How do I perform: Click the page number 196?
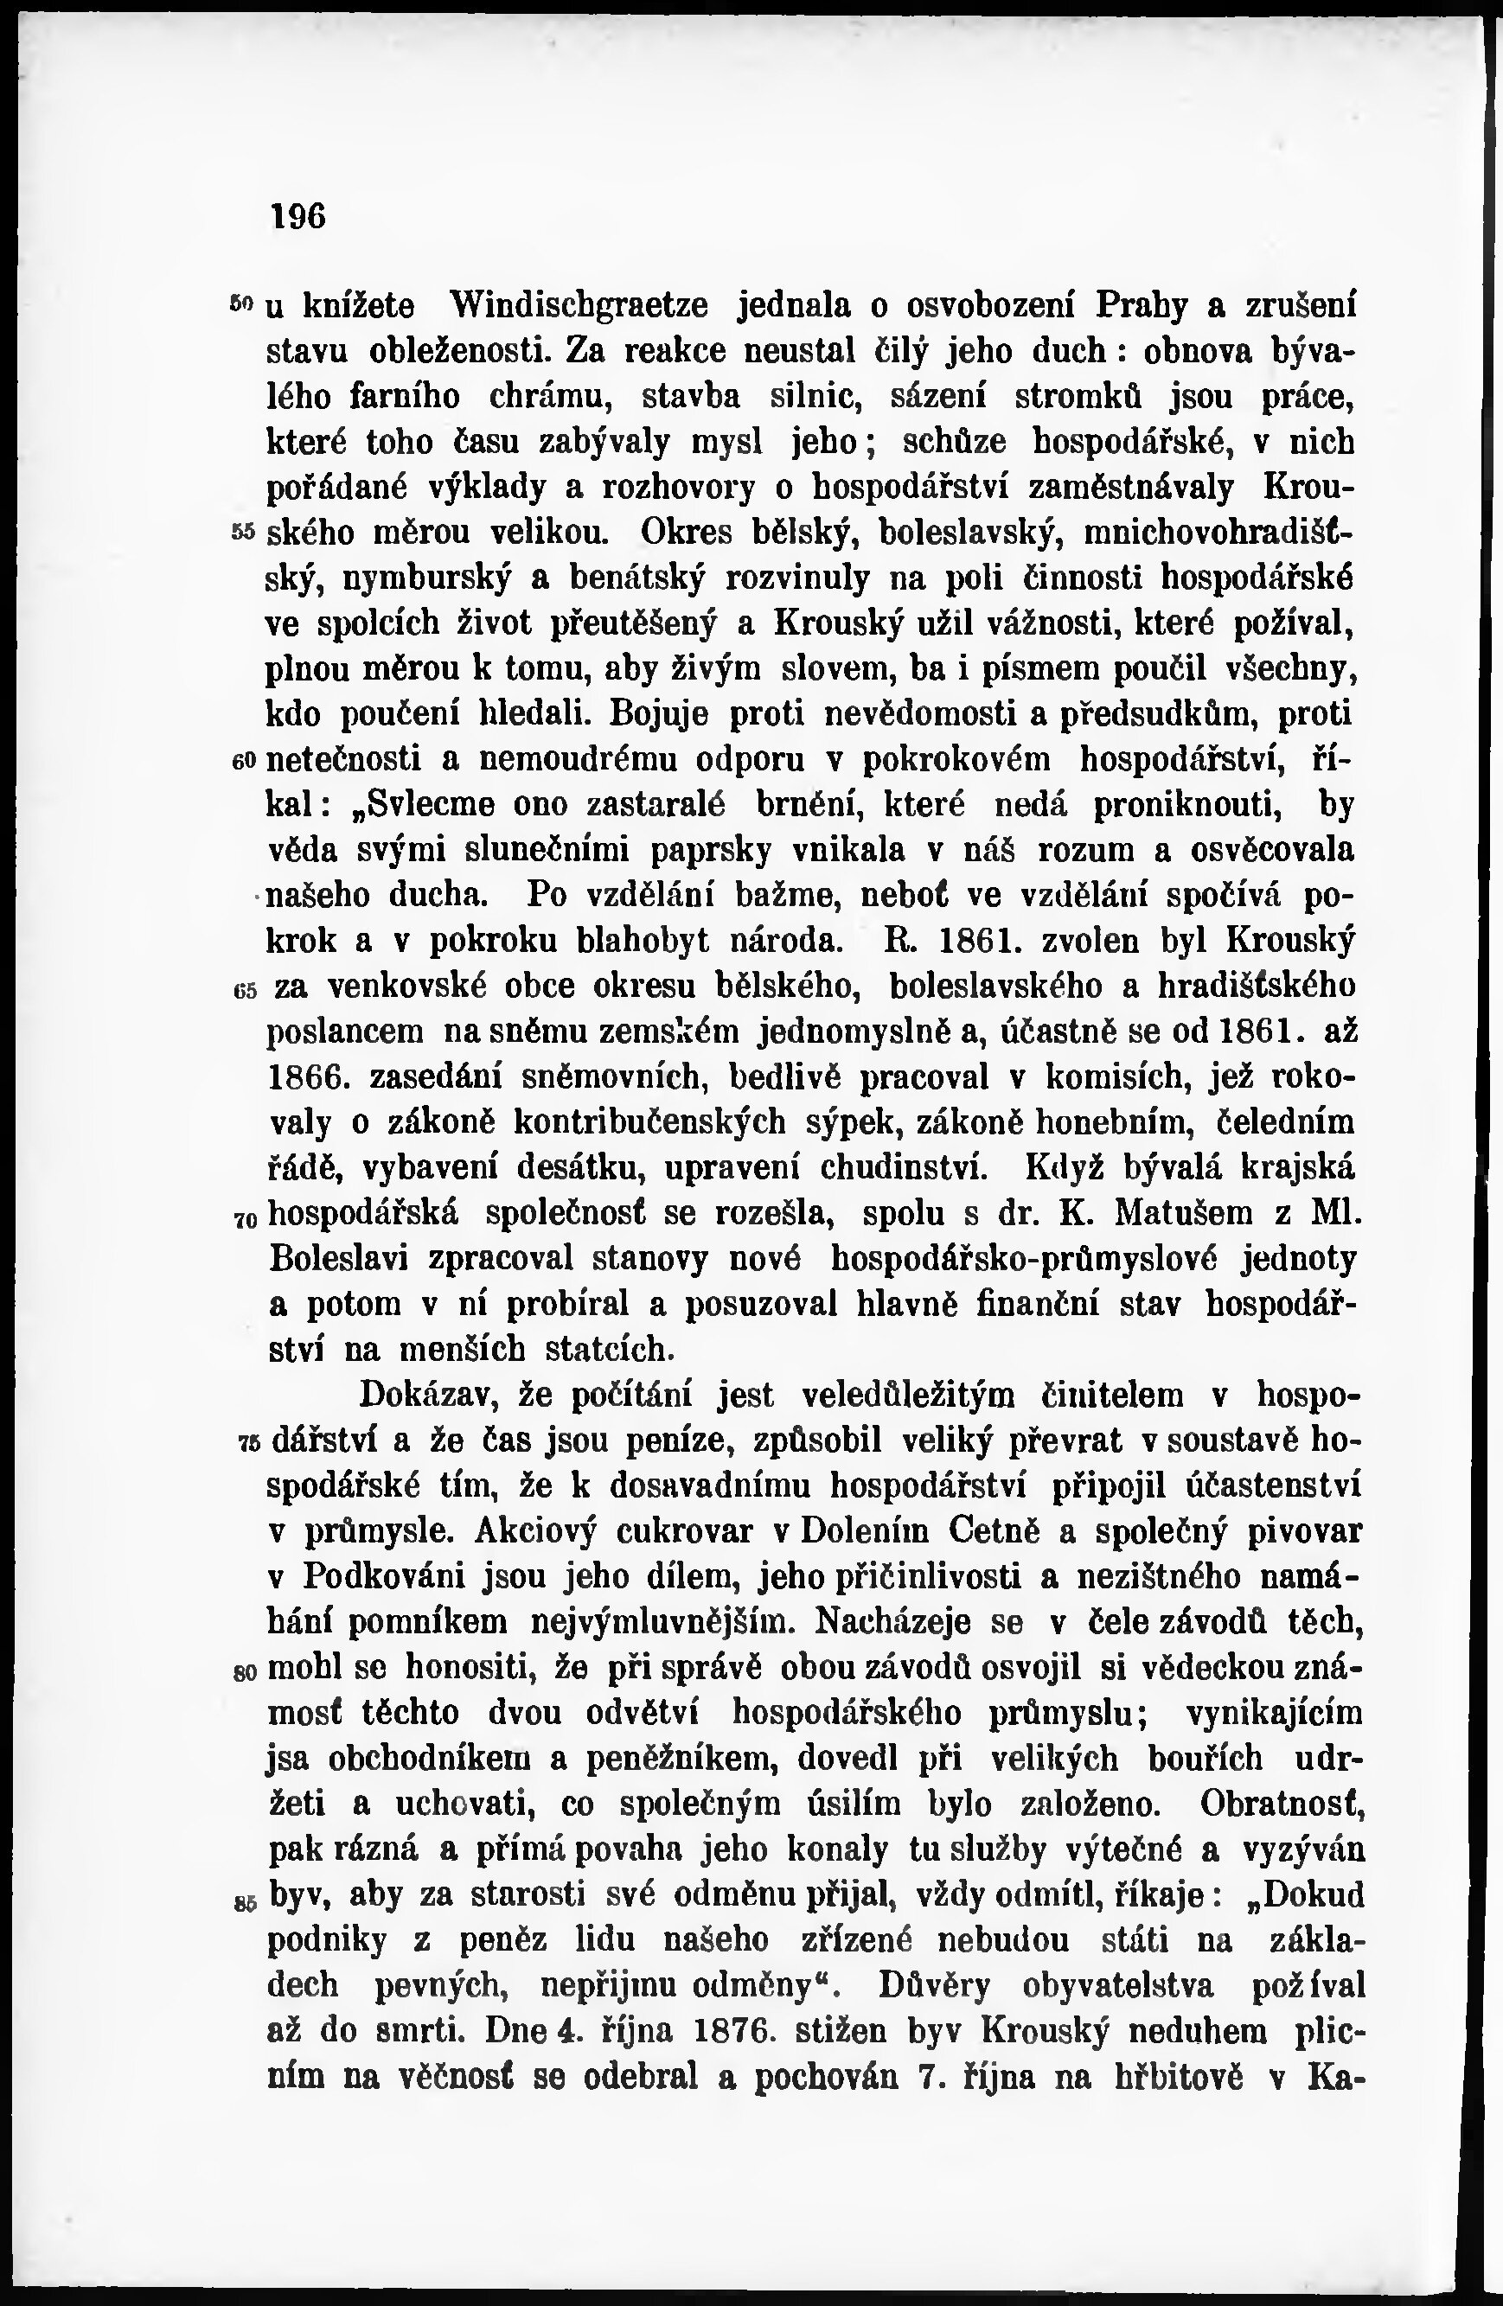(x=298, y=215)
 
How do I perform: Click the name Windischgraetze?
(x=579, y=305)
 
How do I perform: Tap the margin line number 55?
(x=243, y=533)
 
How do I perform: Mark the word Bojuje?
(x=659, y=716)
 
